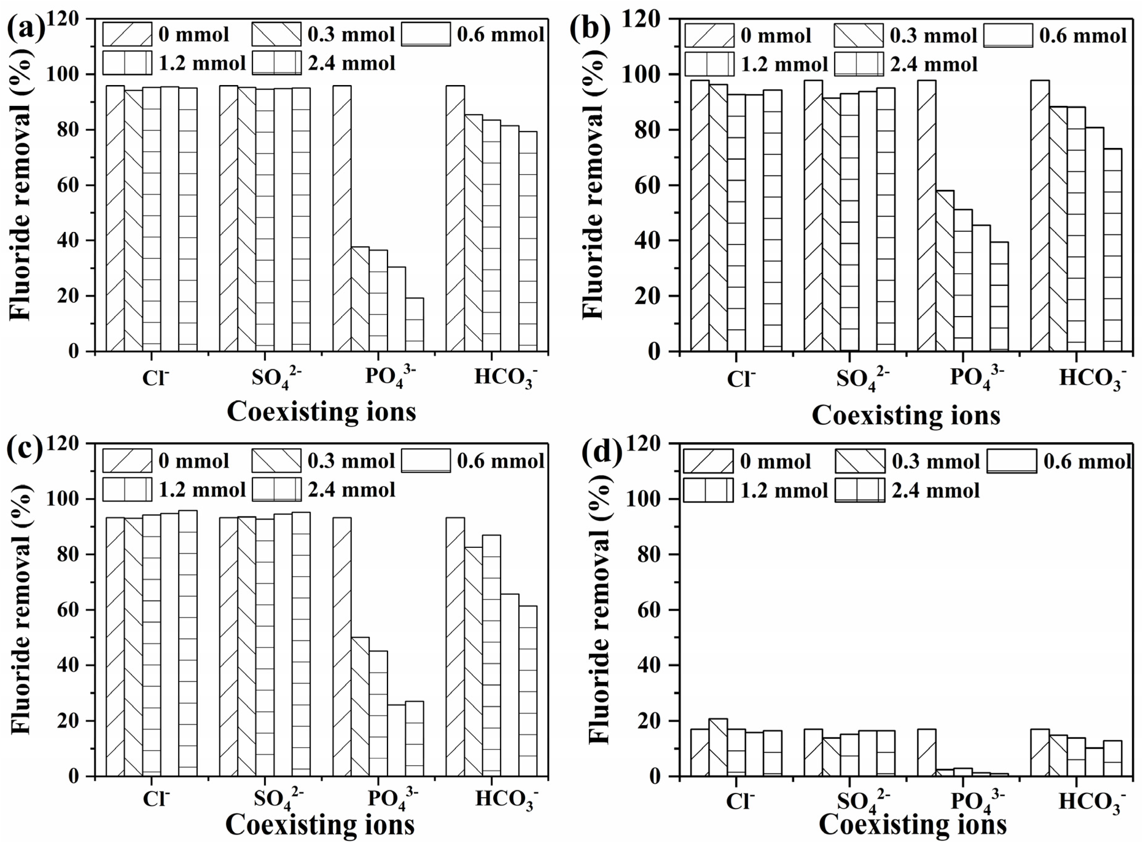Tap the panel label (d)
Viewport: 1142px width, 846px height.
coord(602,452)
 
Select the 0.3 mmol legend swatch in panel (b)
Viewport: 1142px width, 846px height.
coord(858,35)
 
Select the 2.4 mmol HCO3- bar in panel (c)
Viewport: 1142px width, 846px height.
coord(528,691)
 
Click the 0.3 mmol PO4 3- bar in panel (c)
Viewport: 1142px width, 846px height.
coord(360,707)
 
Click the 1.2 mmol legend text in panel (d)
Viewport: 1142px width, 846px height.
coord(784,491)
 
